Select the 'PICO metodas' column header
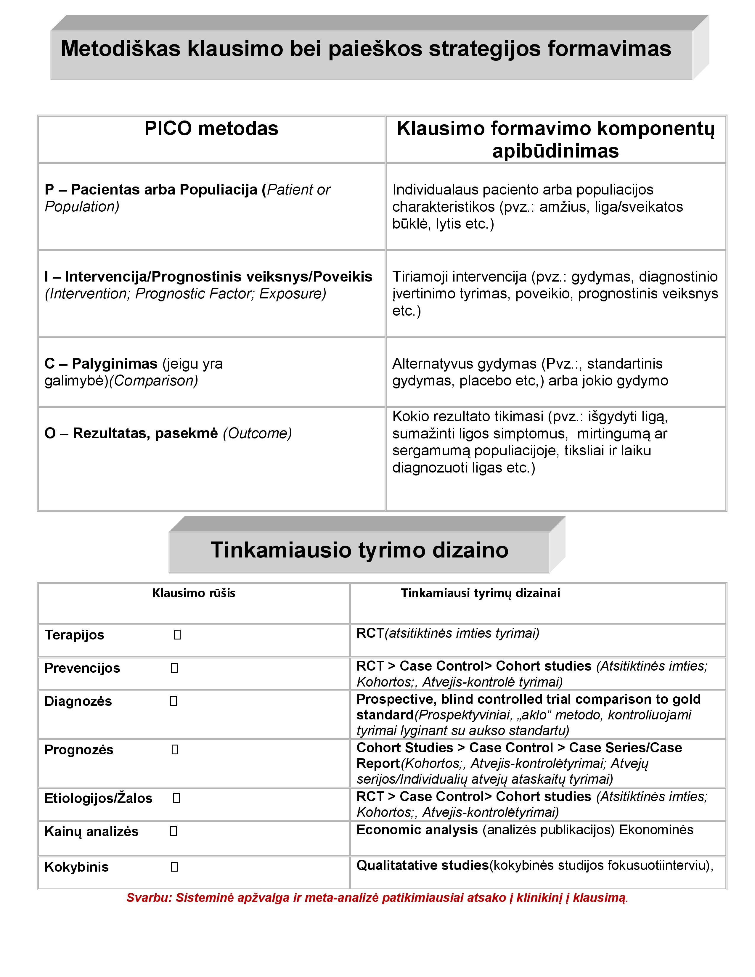point(211,129)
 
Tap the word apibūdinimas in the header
point(555,151)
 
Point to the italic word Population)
point(82,207)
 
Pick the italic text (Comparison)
point(153,381)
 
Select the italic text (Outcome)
point(257,433)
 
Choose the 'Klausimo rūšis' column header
point(194,593)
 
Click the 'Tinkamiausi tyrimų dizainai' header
point(480,593)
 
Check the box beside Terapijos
point(177,635)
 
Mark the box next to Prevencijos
point(174,668)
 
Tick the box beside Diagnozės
point(174,701)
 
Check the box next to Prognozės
point(175,749)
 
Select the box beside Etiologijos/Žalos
point(176,798)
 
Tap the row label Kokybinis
point(76,867)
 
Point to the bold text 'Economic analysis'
point(417,830)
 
